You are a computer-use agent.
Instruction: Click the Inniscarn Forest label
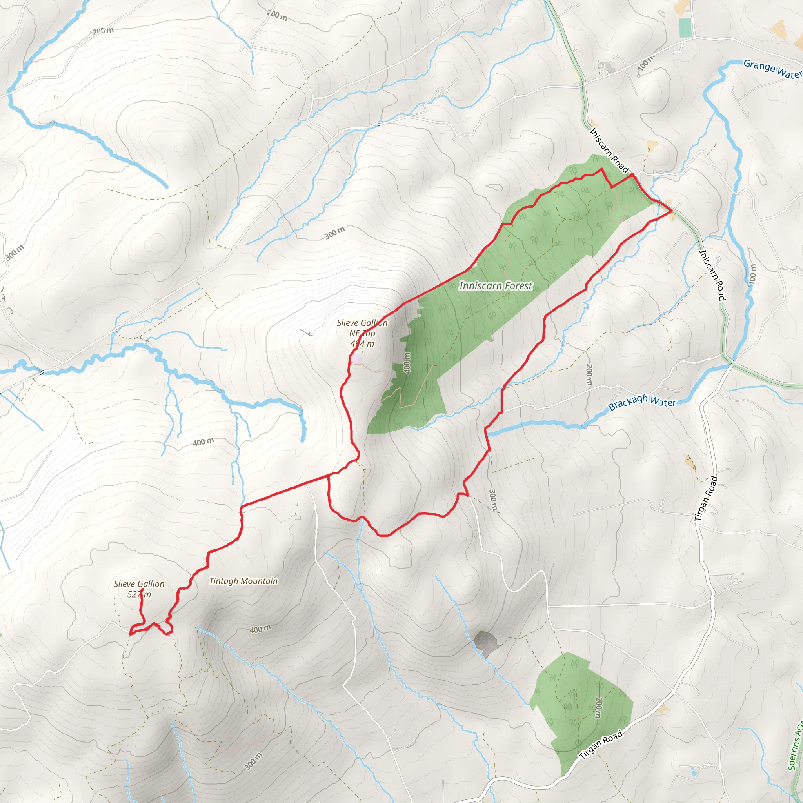(x=495, y=286)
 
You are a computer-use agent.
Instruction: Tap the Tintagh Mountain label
(x=243, y=581)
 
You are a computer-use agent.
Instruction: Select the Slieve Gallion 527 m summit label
(x=139, y=589)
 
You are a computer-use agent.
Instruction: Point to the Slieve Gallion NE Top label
(x=362, y=333)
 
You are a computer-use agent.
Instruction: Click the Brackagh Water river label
(x=642, y=402)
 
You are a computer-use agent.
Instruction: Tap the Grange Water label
(x=772, y=69)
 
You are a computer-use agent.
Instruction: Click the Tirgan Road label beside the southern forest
(x=601, y=745)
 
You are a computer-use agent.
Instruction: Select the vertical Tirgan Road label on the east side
(x=706, y=499)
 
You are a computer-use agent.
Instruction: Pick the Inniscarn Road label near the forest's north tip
(x=609, y=150)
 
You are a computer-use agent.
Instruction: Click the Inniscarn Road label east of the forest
(x=712, y=275)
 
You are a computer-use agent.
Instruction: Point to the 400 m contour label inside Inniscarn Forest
(x=407, y=363)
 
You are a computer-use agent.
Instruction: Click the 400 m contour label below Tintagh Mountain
(x=260, y=629)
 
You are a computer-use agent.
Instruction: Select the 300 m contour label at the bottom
(x=253, y=761)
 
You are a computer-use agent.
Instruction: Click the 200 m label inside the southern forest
(x=598, y=707)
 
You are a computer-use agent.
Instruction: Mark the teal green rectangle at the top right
(x=685, y=28)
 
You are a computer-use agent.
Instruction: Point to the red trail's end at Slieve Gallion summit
(x=142, y=589)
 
